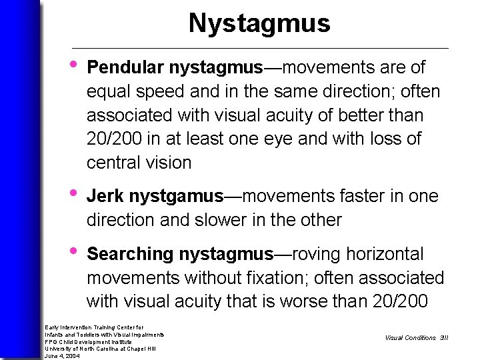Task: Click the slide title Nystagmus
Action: pyautogui.click(x=259, y=23)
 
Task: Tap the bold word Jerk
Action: pyautogui.click(x=105, y=196)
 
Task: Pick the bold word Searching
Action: pyautogui.click(x=130, y=254)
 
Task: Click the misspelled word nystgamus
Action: pyautogui.click(x=176, y=197)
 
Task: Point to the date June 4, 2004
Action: pyautogui.click(x=62, y=356)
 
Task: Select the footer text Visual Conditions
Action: pyautogui.click(x=410, y=338)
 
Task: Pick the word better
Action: pyautogui.click(x=365, y=115)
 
